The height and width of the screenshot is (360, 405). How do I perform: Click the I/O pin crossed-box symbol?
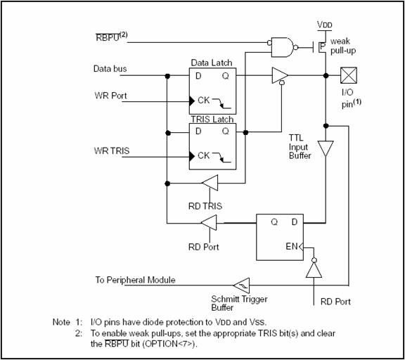pyautogui.click(x=349, y=75)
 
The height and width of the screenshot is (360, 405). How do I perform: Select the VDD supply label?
pyautogui.click(x=325, y=25)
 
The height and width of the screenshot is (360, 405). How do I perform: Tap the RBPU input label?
pyautogui.click(x=112, y=37)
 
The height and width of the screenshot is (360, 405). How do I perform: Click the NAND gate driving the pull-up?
pyautogui.click(x=283, y=48)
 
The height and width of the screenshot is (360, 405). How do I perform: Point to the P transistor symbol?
pyautogui.click(x=320, y=46)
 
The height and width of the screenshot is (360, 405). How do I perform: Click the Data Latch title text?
pyautogui.click(x=212, y=63)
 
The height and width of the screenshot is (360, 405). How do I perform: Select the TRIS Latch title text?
pyautogui.click(x=212, y=119)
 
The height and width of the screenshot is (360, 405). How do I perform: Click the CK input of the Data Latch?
pyautogui.click(x=203, y=101)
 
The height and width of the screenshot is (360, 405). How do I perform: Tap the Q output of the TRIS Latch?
pyautogui.click(x=226, y=131)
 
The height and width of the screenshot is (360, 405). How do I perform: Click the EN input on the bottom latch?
pyautogui.click(x=292, y=246)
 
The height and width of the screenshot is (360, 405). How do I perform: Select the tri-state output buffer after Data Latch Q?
pyautogui.click(x=281, y=76)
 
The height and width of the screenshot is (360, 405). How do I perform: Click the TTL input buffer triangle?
pyautogui.click(x=326, y=148)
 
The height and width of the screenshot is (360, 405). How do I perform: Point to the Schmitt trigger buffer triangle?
pyautogui.click(x=241, y=285)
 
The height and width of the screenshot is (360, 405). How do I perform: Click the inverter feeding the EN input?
pyautogui.click(x=314, y=268)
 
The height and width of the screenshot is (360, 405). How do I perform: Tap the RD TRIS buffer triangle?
pyautogui.click(x=210, y=183)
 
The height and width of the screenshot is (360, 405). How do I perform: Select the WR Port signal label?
pyautogui.click(x=110, y=96)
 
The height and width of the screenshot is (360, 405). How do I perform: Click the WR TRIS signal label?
pyautogui.click(x=112, y=150)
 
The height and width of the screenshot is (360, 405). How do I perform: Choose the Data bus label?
pyautogui.click(x=110, y=69)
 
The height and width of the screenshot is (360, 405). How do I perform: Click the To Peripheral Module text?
pyautogui.click(x=135, y=280)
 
